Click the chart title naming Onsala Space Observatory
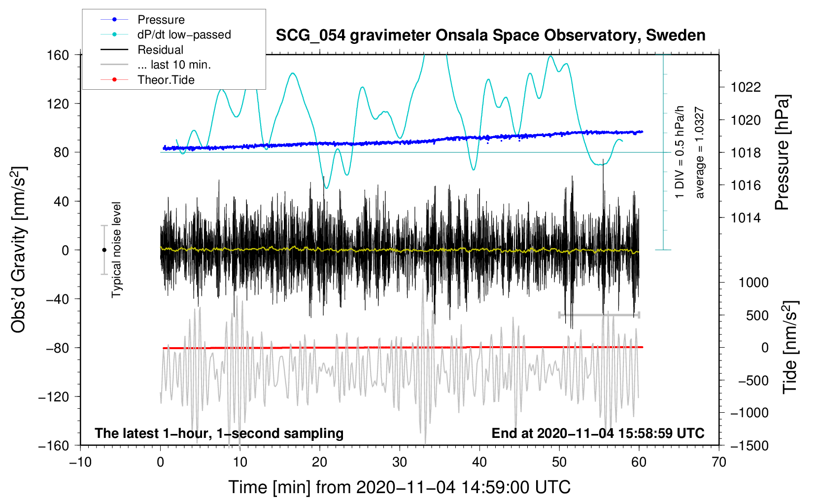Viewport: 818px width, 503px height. [490, 36]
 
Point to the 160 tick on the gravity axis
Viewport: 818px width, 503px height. [58, 55]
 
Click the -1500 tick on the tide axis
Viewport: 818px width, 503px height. [749, 445]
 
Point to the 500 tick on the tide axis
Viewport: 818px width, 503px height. [757, 315]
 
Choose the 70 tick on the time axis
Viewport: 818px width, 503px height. [719, 463]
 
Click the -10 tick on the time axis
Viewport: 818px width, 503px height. [80, 463]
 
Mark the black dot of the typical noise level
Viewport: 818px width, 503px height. [104, 250]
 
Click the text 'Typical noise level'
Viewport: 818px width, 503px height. [116, 250]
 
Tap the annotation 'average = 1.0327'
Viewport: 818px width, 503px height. [700, 153]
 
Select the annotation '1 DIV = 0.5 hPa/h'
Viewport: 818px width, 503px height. [680, 152]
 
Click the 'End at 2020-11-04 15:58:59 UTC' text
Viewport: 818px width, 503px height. [598, 433]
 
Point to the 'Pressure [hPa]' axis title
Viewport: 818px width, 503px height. [782, 153]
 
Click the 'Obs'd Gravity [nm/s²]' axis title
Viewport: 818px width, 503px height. [19, 250]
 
